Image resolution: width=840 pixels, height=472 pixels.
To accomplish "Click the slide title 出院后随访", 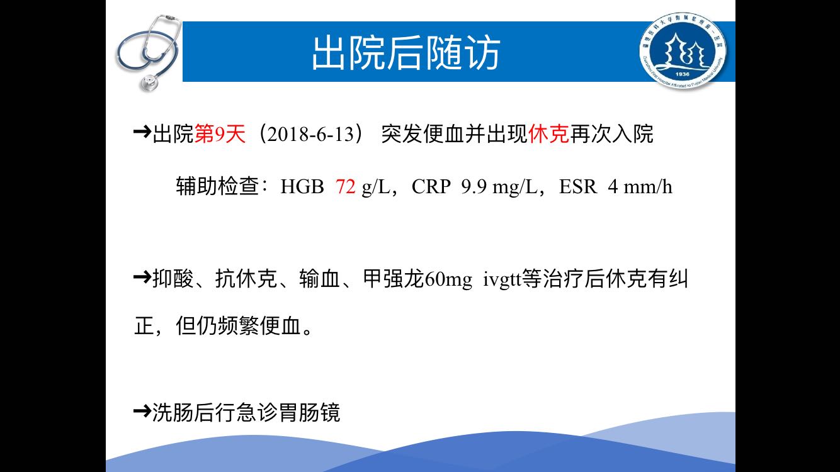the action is [x=406, y=53].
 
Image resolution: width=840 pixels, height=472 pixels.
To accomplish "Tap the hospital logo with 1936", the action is [x=683, y=51].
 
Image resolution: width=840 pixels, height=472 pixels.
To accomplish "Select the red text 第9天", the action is [x=220, y=133].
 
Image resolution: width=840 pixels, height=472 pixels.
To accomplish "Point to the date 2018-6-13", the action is [x=311, y=134].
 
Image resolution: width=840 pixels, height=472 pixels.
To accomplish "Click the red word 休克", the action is [x=548, y=133].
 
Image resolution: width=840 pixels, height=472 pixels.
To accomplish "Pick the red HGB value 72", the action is [x=345, y=186].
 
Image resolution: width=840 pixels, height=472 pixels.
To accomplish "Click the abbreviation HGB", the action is [x=302, y=186].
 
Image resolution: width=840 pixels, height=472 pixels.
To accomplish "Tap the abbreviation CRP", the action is [x=431, y=186].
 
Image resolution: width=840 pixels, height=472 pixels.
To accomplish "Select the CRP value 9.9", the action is [x=474, y=186].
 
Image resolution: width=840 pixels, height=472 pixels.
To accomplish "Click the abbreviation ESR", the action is [x=578, y=186].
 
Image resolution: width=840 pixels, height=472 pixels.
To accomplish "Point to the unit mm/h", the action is [x=647, y=186].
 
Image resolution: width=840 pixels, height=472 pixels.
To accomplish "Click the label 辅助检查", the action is [x=217, y=186].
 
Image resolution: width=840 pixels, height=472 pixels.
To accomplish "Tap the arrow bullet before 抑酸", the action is [x=142, y=278].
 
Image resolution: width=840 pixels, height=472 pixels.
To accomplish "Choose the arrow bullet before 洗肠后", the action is [x=142, y=411].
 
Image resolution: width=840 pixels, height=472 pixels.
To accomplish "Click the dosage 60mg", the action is [x=448, y=279].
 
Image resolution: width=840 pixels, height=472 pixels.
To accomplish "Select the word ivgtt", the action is [x=502, y=279].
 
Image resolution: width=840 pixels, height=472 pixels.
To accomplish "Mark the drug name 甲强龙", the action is [x=394, y=279].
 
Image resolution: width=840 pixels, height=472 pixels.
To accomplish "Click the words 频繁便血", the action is [x=259, y=325].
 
